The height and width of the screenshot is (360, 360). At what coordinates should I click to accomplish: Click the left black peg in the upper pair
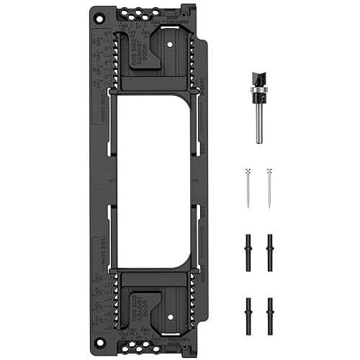[x=248, y=251]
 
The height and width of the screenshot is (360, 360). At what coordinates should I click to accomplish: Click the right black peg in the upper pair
[x=269, y=251]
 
